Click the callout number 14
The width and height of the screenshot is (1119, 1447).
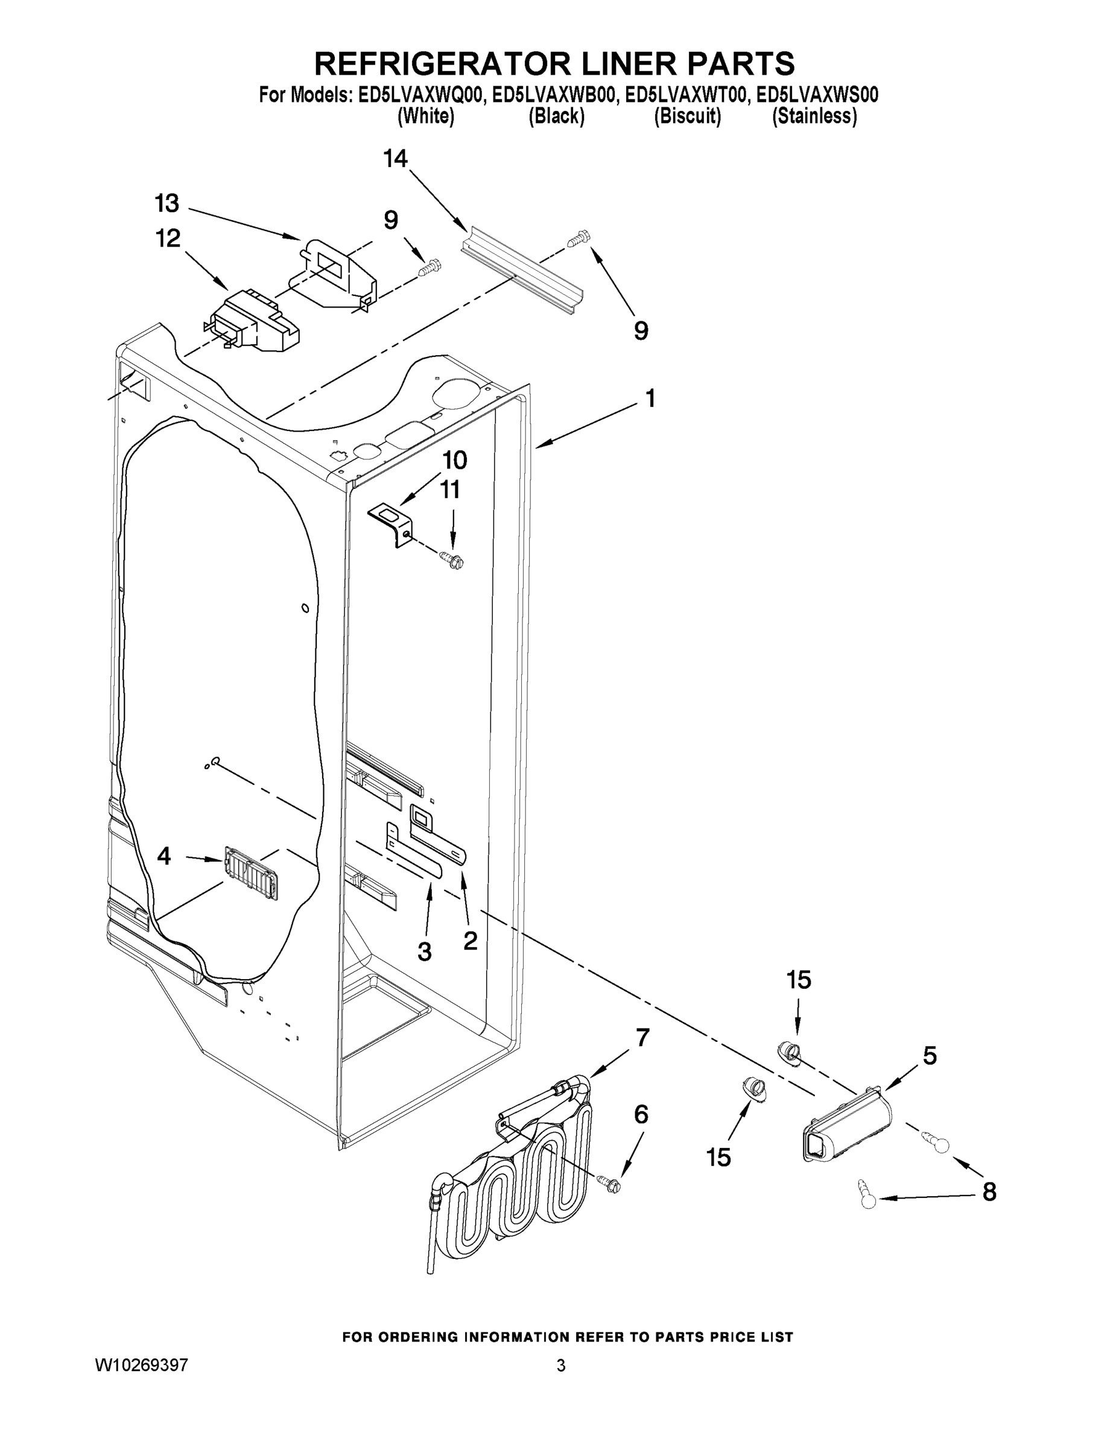click(x=395, y=159)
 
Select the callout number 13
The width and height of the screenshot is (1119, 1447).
click(x=167, y=203)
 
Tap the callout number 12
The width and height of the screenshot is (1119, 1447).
click(x=168, y=239)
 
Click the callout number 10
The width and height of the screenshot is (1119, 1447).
click(x=455, y=460)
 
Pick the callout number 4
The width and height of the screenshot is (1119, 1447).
click(x=163, y=857)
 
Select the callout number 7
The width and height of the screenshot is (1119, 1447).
click(x=642, y=1038)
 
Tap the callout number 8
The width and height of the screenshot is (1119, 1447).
click(x=989, y=1193)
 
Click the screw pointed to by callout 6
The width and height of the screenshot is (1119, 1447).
click(x=610, y=1184)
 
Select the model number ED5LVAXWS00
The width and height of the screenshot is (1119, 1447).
click(x=817, y=95)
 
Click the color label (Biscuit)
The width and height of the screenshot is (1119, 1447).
click(x=688, y=116)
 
